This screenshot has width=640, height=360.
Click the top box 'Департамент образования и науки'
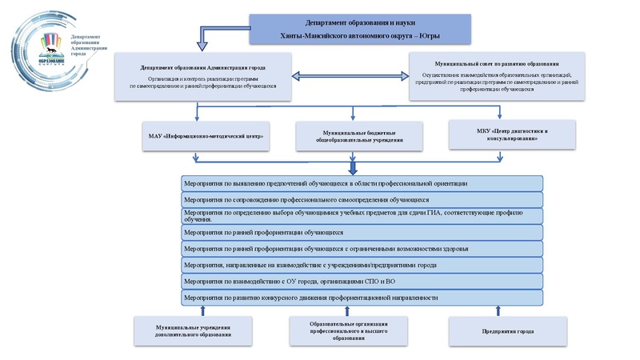[x=359, y=30]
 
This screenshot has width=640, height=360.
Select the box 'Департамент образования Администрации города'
[x=202, y=77]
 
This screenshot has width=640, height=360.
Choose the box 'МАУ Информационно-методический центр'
[x=206, y=136]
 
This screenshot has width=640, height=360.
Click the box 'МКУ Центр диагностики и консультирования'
[x=512, y=134]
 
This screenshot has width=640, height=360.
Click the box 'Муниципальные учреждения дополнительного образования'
[x=194, y=330]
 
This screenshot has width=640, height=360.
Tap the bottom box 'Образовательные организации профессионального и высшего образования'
[x=348, y=330]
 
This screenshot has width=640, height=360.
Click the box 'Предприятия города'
[x=508, y=330]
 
